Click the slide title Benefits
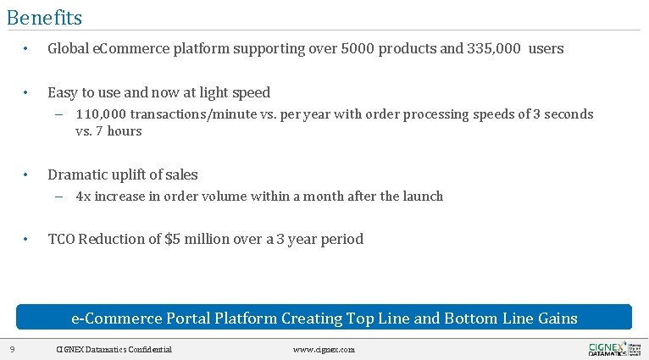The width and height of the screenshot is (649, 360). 44,17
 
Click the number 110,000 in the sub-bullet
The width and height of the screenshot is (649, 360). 101,114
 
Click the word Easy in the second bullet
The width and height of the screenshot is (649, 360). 63,92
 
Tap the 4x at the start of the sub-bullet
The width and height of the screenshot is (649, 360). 83,196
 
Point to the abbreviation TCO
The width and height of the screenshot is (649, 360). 61,239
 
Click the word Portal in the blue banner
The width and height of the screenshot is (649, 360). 188,318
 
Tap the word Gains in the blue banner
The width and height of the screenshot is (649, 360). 557,318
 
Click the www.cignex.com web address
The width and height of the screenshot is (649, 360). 324,349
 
